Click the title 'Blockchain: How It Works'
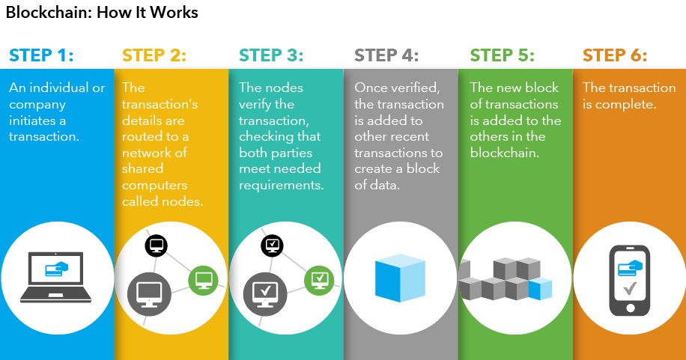tap(102, 13)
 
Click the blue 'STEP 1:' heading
tap(41, 55)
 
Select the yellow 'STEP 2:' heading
tap(154, 55)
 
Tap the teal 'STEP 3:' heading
tap(271, 55)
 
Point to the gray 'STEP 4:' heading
tap(386, 55)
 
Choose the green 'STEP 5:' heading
tap(502, 55)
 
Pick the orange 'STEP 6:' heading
tap(615, 55)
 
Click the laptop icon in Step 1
tap(58, 278)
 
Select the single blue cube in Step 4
tap(400, 278)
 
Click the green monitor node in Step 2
tap(203, 280)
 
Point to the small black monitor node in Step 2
tap(157, 245)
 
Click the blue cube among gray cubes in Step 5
tap(540, 288)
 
